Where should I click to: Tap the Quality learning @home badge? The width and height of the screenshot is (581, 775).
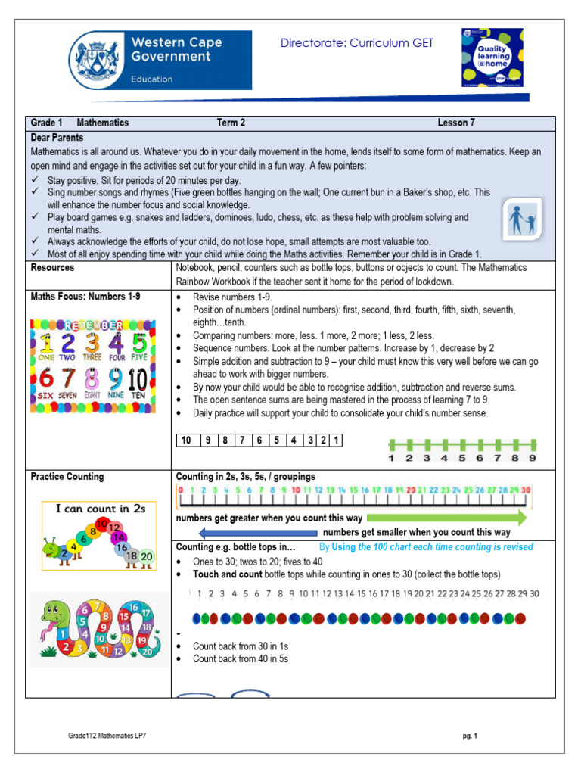(499, 58)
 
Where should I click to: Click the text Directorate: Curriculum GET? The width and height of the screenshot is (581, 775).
(357, 44)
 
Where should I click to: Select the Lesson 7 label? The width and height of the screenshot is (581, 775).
(456, 122)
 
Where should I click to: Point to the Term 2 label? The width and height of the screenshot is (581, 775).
(231, 122)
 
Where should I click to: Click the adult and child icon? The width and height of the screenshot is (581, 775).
(523, 219)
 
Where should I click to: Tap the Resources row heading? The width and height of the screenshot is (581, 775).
(52, 268)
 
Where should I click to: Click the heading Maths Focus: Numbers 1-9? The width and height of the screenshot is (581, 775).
(85, 297)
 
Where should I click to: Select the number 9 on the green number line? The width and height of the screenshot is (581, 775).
(532, 457)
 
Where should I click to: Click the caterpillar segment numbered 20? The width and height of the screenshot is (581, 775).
(146, 557)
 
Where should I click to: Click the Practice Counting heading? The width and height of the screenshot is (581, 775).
(67, 477)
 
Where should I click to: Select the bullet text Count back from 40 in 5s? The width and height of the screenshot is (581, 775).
(240, 658)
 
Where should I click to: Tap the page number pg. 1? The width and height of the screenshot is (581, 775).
(470, 735)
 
